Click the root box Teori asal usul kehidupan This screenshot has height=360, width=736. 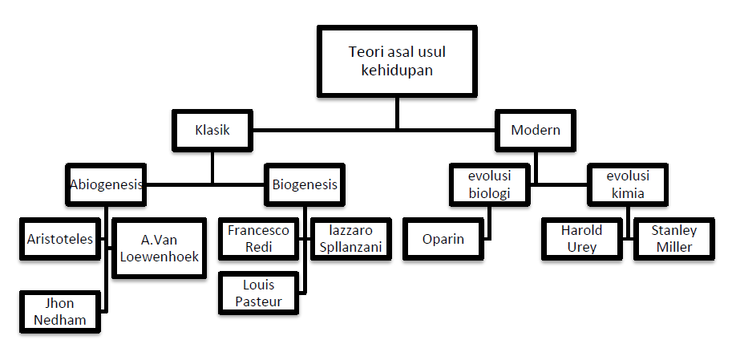(x=397, y=61)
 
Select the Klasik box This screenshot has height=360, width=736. (x=212, y=129)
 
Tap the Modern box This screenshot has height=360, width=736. (x=535, y=129)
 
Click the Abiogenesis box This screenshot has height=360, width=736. (x=106, y=184)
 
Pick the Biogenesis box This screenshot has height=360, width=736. (x=305, y=184)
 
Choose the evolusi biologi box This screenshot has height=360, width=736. (x=489, y=184)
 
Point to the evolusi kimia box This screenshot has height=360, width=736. (x=628, y=184)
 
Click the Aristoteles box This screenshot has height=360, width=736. (x=60, y=239)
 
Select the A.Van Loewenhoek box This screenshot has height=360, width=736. (x=158, y=248)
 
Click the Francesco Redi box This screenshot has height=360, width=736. (x=258, y=239)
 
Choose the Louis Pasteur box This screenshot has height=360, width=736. (x=258, y=293)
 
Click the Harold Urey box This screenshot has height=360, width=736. (x=581, y=239)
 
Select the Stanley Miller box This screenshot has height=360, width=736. (x=674, y=239)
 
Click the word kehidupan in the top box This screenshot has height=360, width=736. (x=397, y=70)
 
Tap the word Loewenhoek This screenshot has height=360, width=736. (x=158, y=257)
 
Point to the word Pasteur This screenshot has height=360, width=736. (x=258, y=301)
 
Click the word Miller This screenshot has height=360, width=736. (x=674, y=247)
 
